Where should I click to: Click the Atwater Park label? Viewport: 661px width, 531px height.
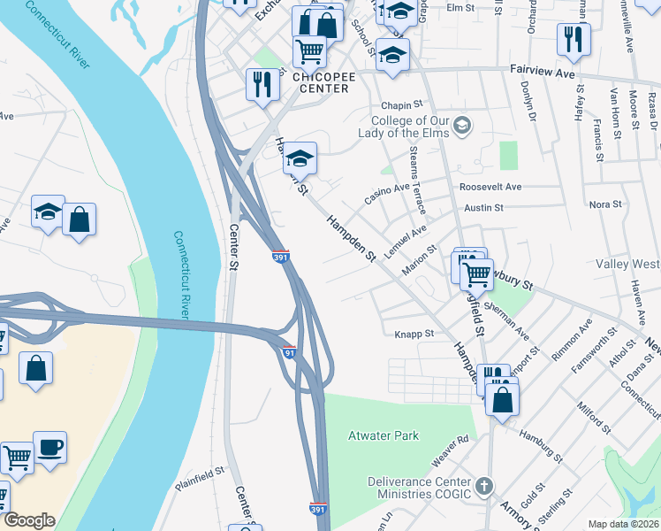coord(383,435)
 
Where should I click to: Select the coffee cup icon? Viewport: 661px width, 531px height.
coord(49,447)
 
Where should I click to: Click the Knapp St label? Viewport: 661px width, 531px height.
coord(413,334)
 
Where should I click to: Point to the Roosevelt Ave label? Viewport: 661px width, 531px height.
coord(490,187)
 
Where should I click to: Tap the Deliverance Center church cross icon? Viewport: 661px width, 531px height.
coord(483,485)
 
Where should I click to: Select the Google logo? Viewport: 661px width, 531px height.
coord(29,520)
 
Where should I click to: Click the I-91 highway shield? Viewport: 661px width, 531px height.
coord(289,352)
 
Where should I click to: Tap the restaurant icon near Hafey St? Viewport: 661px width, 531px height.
coord(574,39)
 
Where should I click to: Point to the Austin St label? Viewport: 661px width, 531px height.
coord(483,208)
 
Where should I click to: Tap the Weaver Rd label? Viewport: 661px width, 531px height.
coord(449,450)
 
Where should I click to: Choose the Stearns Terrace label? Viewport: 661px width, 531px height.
coord(418,181)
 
